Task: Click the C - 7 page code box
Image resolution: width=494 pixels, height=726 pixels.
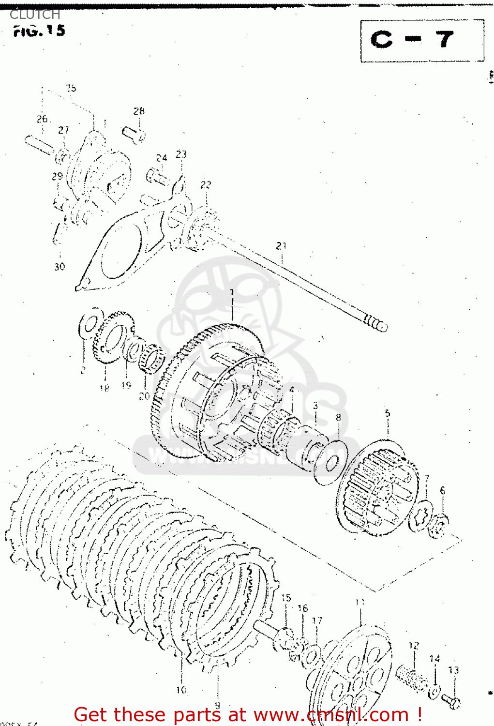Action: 421,41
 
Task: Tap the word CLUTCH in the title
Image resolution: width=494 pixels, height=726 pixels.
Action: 35,15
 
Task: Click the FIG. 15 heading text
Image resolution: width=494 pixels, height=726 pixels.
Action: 39,31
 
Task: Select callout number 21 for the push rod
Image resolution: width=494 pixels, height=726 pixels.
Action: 281,246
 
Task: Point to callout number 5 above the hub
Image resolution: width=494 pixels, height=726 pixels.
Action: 387,413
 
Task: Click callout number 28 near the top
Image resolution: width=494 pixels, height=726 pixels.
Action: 139,111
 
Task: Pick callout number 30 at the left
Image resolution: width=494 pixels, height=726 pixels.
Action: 60,266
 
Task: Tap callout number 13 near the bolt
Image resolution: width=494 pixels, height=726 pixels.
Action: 453,670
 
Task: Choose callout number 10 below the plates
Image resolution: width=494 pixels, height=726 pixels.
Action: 181,690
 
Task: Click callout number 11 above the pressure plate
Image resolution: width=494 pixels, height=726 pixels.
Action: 360,602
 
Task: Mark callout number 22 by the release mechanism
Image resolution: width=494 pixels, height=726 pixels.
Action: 206,184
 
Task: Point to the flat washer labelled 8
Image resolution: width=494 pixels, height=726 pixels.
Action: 331,462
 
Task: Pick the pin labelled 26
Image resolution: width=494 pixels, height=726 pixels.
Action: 39,145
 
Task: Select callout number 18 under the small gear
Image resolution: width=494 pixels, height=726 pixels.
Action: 104,388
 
